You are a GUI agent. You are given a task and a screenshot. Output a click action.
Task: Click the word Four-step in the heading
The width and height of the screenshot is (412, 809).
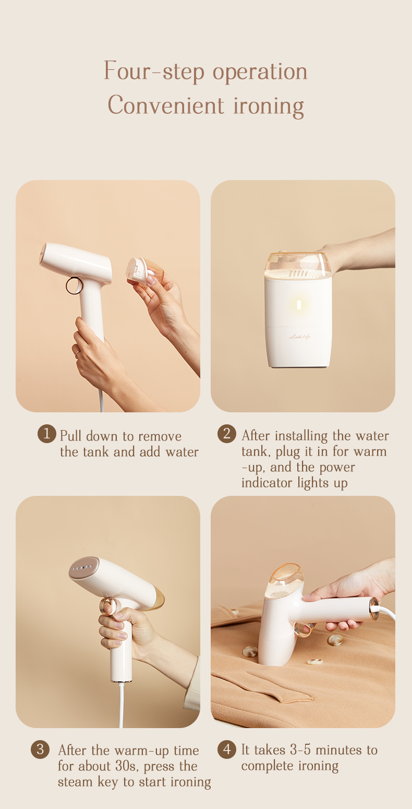click(x=154, y=72)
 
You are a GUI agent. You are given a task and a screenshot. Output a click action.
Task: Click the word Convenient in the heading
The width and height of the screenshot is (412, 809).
click(x=166, y=105)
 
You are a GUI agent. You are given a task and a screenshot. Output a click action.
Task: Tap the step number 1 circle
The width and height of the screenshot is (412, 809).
click(x=47, y=433)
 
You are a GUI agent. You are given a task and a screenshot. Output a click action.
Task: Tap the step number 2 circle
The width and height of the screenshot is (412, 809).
click(x=226, y=433)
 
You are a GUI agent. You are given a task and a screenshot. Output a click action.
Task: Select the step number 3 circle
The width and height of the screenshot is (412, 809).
click(x=40, y=749)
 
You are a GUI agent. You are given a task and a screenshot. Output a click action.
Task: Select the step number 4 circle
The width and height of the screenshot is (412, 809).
click(x=226, y=749)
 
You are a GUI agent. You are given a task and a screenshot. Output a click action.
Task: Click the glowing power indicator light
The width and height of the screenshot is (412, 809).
click(x=299, y=305)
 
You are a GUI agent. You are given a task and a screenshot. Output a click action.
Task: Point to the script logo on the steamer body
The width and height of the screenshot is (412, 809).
click(x=300, y=337)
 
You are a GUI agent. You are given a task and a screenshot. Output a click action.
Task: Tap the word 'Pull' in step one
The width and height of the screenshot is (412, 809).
click(x=70, y=436)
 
